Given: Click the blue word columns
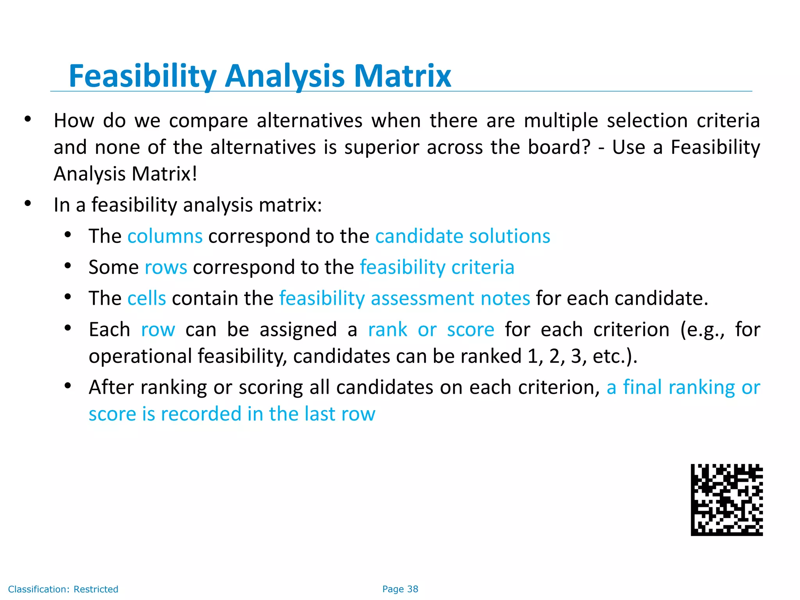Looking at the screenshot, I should coord(165,236).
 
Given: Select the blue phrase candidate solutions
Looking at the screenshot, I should coord(462,236).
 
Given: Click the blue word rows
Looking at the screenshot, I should coord(166,268).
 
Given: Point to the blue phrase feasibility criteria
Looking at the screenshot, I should coord(437,268).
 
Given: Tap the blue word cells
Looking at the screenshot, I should coord(146,298).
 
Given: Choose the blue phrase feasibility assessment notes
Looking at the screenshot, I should coord(405,298).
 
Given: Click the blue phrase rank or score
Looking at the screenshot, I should coord(431,330).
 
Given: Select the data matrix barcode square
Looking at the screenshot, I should coord(727,500).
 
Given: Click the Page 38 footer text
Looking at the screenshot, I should coord(400,589).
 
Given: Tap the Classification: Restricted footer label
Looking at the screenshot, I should coord(63,589).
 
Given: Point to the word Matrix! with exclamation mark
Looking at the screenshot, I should coord(164,174).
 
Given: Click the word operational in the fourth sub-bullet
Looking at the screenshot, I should coord(140,356).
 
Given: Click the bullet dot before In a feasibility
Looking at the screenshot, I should coord(27,203).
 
